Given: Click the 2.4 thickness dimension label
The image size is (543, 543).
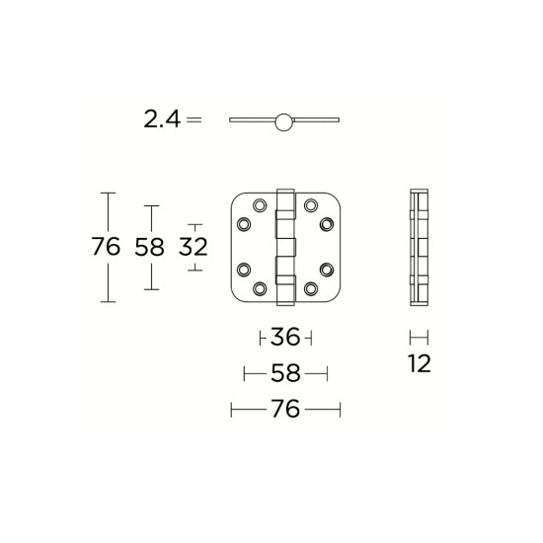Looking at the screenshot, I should point(161,120).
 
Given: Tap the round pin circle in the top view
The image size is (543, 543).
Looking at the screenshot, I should point(285,121).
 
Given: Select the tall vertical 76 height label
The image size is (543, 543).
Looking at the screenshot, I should point(106,247).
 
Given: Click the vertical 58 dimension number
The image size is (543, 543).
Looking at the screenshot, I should point(148,247).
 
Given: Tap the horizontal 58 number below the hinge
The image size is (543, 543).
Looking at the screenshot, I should point(285,374).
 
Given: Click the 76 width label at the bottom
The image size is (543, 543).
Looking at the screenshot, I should point(284,409).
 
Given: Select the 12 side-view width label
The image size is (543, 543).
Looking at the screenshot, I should point(419,364).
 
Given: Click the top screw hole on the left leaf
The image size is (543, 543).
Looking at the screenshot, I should point(261,205).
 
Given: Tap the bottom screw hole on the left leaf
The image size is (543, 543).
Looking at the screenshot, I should point(261,288).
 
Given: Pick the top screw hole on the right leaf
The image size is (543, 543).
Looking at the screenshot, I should point(310,205).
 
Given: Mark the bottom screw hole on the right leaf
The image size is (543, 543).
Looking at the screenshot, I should point(310,288).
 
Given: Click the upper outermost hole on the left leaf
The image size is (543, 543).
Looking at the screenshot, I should point(243,224).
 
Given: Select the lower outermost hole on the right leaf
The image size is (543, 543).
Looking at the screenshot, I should point(328,269).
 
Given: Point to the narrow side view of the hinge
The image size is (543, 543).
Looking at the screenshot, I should point(419,247).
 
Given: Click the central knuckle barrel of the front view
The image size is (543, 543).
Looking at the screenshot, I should point(285,247).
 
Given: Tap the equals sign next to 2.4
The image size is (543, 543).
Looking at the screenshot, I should point(194,120).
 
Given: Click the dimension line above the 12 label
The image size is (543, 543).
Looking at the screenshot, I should point(419,337).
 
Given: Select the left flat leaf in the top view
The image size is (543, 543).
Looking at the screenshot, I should point(253,121).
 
